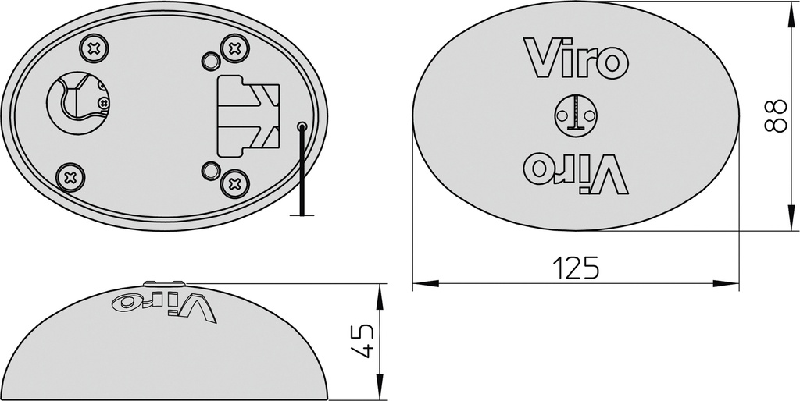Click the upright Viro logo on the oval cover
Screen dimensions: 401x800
[576, 59]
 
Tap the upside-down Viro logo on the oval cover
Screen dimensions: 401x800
[576, 173]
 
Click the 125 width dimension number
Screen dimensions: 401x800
[576, 268]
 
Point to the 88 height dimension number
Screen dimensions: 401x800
[774, 116]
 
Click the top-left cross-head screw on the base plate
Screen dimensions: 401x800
[94, 49]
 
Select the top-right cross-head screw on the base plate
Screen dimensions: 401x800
[234, 48]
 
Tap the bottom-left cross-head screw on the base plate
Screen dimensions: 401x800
[70, 176]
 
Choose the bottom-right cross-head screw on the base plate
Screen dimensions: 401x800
[234, 183]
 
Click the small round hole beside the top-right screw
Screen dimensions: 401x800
[210, 60]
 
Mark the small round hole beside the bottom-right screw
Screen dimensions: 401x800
[210, 170]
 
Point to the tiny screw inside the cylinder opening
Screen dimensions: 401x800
[102, 101]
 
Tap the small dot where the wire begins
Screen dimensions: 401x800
[302, 126]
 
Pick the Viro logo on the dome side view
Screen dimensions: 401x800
[163, 304]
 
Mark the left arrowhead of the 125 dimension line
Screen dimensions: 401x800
[418, 283]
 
